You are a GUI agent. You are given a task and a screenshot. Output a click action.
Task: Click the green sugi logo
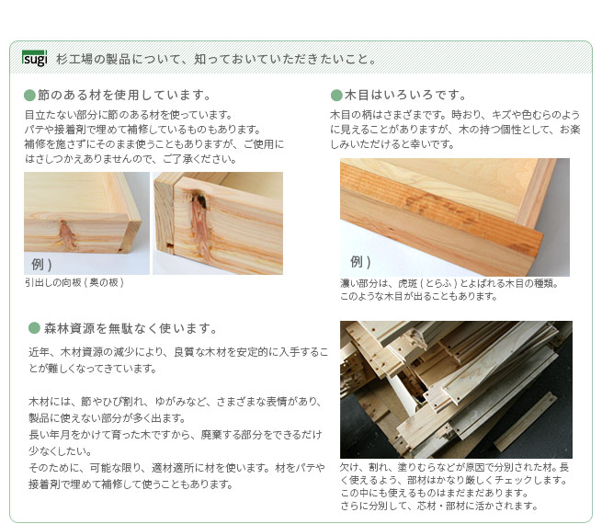[x=34, y=59]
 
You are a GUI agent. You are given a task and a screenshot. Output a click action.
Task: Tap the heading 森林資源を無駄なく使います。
[x=131, y=328]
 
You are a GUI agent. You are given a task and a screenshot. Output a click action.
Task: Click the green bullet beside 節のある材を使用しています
[x=29, y=96]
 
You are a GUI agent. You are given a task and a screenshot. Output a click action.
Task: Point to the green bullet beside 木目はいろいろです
[x=336, y=96]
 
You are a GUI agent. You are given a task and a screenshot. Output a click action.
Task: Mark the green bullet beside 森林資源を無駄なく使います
[x=34, y=328]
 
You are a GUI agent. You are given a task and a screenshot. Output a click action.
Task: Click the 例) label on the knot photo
[x=41, y=265]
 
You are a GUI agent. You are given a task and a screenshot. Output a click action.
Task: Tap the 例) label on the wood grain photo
[x=359, y=261]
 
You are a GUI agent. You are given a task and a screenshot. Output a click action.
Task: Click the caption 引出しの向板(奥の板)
[x=74, y=282]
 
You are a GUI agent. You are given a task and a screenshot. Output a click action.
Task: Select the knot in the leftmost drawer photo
[x=66, y=234]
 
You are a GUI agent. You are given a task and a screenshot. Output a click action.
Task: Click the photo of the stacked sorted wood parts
[x=456, y=389]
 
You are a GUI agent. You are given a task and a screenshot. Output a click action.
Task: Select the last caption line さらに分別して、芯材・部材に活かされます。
[x=438, y=506]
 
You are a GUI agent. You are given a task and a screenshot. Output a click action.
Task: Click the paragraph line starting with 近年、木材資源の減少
[x=177, y=352]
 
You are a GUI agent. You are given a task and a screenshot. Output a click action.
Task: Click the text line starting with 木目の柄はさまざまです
[x=454, y=115]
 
